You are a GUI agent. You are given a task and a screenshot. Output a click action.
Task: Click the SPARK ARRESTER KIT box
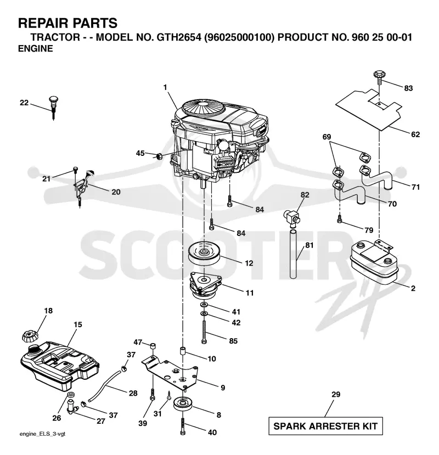(x=325, y=426)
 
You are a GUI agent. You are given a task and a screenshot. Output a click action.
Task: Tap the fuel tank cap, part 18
(x=30, y=336)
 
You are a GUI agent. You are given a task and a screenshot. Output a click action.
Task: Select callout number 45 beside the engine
(x=140, y=153)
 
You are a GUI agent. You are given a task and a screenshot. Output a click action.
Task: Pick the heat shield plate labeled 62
(x=369, y=109)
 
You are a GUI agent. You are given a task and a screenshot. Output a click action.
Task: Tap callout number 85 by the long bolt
(x=233, y=341)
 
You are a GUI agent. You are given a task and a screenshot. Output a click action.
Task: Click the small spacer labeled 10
(x=183, y=351)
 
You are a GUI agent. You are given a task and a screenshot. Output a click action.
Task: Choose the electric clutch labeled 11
(x=205, y=286)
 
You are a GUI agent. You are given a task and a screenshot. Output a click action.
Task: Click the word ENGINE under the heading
(x=36, y=49)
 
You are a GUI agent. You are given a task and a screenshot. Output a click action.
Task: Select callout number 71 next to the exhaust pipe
(x=415, y=187)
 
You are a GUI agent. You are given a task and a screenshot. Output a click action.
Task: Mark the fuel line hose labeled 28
(x=104, y=385)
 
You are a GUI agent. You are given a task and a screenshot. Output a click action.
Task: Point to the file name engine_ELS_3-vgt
(x=42, y=434)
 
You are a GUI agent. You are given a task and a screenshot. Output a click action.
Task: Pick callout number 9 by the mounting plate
(x=223, y=387)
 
